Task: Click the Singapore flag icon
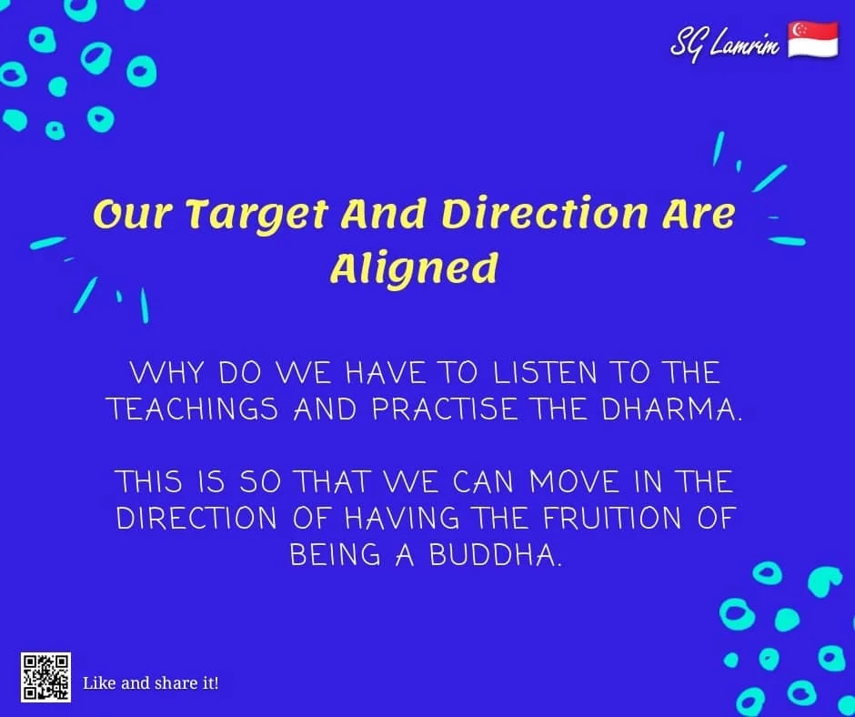pos(812,40)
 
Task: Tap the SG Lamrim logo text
pos(725,42)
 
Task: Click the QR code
pos(45,677)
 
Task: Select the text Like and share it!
pos(150,682)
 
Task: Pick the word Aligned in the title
pos(414,268)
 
